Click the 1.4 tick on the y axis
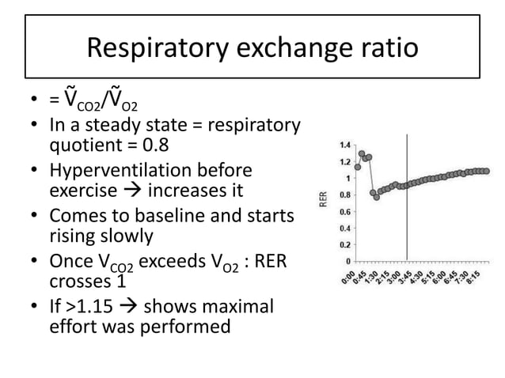(346, 146)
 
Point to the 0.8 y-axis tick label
(346, 195)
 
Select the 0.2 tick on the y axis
(346, 244)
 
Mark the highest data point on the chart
(362, 153)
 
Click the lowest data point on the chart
(377, 197)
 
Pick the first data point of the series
(358, 167)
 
